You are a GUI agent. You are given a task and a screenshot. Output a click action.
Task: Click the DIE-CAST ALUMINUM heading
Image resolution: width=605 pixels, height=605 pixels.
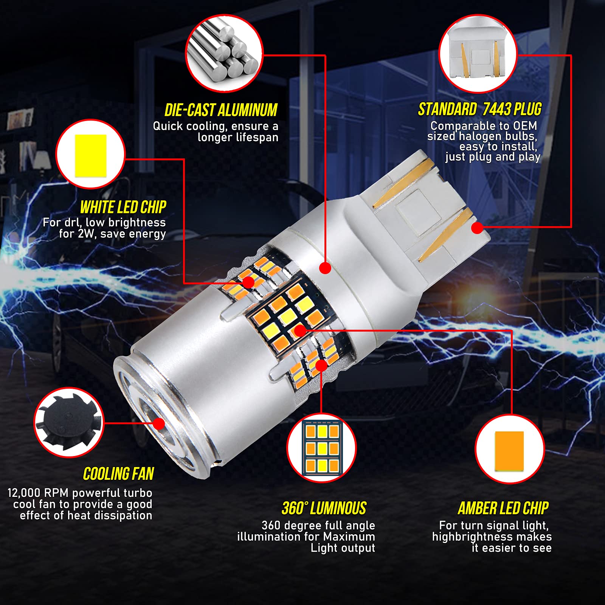tap(221, 110)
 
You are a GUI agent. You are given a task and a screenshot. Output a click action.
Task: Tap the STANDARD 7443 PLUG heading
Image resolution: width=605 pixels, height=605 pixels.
tap(479, 109)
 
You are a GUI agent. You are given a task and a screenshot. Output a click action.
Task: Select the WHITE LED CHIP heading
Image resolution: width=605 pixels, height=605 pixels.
tap(123, 207)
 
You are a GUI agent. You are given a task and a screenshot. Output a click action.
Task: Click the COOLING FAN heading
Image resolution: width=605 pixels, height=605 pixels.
tap(118, 474)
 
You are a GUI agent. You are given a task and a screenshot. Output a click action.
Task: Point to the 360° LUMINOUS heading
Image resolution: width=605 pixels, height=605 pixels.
tap(324, 508)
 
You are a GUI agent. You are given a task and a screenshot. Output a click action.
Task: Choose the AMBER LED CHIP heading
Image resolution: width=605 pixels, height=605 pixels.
tap(503, 508)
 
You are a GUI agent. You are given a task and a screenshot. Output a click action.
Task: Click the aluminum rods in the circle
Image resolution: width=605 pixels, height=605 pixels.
tap(224, 53)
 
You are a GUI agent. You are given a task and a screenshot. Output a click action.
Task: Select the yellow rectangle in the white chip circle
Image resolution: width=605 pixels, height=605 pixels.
tap(91, 155)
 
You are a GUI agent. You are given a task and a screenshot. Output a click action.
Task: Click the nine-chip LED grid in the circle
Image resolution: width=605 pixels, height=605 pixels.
tap(322, 448)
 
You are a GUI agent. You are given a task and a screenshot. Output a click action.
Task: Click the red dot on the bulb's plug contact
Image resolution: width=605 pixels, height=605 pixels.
tap(478, 228)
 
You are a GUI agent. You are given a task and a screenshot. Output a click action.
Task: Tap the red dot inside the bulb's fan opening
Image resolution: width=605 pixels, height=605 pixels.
tap(159, 423)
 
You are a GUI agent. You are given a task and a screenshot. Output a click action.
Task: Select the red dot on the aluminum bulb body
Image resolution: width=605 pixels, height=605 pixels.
tap(325, 268)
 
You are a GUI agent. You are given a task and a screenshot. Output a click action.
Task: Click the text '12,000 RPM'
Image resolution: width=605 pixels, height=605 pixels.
tap(38, 493)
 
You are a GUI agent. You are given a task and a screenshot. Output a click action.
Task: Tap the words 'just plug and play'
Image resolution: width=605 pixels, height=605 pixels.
tap(493, 157)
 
